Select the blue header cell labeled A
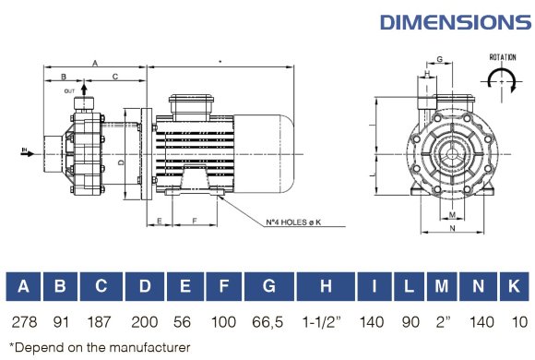pyautogui.click(x=23, y=287)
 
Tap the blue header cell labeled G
pyautogui.click(x=268, y=287)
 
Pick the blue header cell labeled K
pyautogui.click(x=515, y=287)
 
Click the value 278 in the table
pyautogui.click(x=23, y=322)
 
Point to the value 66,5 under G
pyautogui.click(x=268, y=322)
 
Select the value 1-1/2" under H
pyautogui.click(x=326, y=322)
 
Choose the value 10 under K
pyautogui.click(x=515, y=322)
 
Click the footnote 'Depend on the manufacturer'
pyautogui.click(x=98, y=348)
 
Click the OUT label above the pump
pyautogui.click(x=69, y=91)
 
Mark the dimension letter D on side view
pyautogui.click(x=122, y=162)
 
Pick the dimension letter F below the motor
pyautogui.click(x=196, y=222)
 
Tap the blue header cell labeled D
pyautogui.click(x=145, y=287)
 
